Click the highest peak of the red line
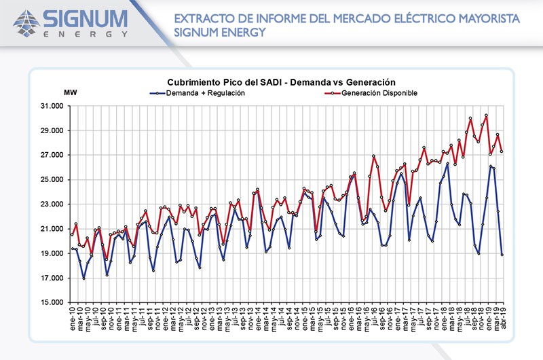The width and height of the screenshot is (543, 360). [x=486, y=115]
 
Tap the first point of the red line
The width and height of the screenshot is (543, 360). [x=72, y=235]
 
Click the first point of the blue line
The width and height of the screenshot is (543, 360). [x=72, y=249]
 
